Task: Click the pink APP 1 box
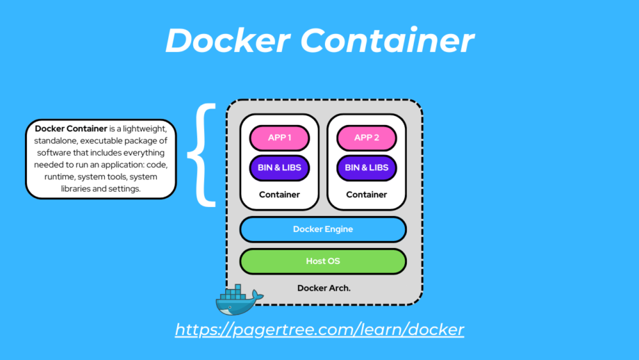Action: tap(279, 138)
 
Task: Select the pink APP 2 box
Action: tap(367, 138)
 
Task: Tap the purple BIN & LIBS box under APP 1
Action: tap(279, 167)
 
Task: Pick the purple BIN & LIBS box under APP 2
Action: tap(367, 167)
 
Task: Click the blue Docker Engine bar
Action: tap(323, 229)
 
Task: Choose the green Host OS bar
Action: tap(323, 261)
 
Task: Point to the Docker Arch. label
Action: tap(324, 288)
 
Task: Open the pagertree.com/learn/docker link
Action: tap(319, 329)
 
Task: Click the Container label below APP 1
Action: tap(279, 195)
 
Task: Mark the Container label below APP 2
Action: tap(367, 195)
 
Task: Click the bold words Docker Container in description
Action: tap(71, 129)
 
